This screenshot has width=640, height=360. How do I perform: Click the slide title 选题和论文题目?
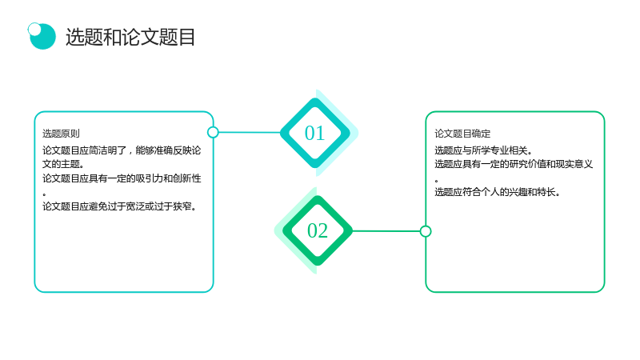click(x=130, y=37)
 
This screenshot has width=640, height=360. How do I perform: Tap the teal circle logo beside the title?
click(x=42, y=36)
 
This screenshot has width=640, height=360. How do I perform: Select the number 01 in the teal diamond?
click(x=314, y=133)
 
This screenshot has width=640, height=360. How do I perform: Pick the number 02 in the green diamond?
click(x=318, y=230)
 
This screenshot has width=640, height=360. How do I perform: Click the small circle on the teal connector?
click(x=213, y=132)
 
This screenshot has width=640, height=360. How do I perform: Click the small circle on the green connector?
click(x=426, y=231)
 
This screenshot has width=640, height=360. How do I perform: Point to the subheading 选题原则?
click(x=62, y=134)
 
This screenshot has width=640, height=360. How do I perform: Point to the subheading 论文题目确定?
click(x=462, y=134)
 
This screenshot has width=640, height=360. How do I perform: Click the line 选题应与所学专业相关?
click(x=483, y=150)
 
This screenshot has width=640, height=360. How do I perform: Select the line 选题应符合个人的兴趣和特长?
click(x=497, y=192)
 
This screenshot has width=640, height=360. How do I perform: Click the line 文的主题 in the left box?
click(x=63, y=164)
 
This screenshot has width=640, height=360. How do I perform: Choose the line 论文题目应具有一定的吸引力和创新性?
click(x=122, y=178)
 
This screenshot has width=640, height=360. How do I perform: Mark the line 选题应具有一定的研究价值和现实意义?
click(x=514, y=164)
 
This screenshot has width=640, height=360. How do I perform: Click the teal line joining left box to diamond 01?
click(x=250, y=132)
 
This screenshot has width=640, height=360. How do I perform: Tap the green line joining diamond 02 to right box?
click(x=386, y=231)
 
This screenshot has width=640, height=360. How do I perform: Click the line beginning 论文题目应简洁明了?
click(x=122, y=150)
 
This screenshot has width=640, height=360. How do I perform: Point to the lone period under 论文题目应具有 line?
click(x=45, y=194)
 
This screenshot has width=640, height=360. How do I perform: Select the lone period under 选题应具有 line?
click(x=436, y=181)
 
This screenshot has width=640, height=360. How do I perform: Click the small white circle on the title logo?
click(x=34, y=29)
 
